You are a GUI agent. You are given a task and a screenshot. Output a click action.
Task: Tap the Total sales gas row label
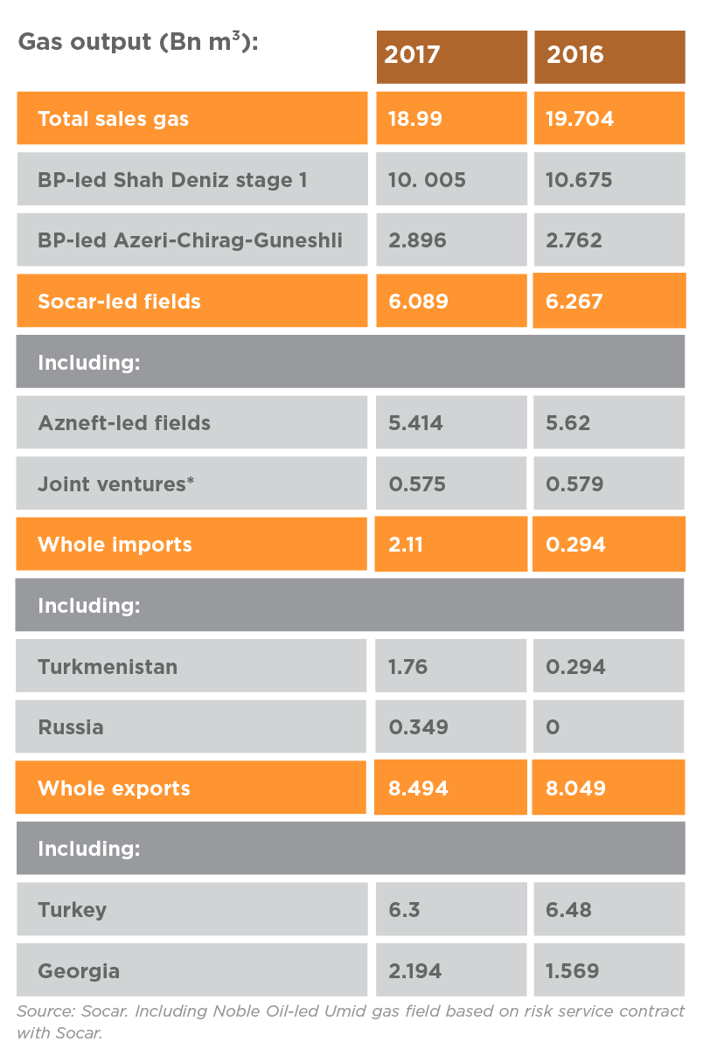(114, 119)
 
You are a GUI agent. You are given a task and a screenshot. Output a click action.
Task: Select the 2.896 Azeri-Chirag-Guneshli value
(417, 240)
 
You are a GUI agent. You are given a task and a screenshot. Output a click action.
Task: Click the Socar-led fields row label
(119, 302)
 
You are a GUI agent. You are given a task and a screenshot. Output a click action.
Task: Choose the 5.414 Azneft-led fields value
(416, 423)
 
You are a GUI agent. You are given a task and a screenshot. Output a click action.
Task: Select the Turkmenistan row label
(108, 666)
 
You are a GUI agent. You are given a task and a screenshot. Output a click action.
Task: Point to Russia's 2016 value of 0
(553, 727)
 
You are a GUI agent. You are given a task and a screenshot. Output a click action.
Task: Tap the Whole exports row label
(114, 788)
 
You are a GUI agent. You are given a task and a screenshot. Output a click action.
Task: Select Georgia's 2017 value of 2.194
(415, 970)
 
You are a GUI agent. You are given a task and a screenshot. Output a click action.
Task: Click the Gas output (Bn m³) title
(138, 42)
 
